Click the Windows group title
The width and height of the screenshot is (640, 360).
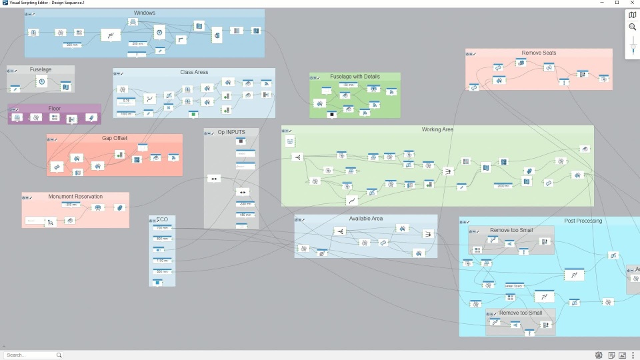click(x=145, y=13)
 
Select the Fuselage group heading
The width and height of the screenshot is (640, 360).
click(x=41, y=69)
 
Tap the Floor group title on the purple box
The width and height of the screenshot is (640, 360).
click(x=55, y=108)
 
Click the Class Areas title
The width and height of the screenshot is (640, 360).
click(x=194, y=72)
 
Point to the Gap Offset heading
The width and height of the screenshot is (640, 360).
click(x=115, y=138)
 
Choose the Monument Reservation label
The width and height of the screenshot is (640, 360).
click(x=75, y=197)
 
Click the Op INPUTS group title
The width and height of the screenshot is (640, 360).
click(x=231, y=132)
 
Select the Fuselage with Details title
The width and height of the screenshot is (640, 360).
click(x=355, y=77)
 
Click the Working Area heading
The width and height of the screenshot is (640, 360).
click(x=437, y=129)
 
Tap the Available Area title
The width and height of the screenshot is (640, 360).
click(x=366, y=219)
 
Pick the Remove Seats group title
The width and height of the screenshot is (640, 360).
click(x=539, y=53)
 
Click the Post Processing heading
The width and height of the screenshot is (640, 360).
click(x=583, y=221)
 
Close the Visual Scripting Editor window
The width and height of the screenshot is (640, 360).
click(x=631, y=3)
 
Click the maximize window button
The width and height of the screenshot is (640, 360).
click(x=617, y=3)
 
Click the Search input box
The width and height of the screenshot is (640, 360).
click(x=30, y=355)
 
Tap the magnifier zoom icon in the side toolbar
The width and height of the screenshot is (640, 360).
click(x=633, y=27)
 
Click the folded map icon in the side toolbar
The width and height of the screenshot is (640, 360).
click(x=633, y=15)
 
